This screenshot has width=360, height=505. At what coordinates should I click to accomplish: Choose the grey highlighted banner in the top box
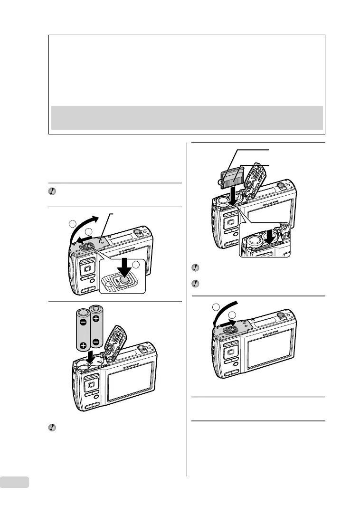tap(186, 117)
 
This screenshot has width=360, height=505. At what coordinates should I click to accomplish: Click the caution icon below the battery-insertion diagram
tap(53, 428)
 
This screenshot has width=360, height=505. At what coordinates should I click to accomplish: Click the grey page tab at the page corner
tap(14, 482)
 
